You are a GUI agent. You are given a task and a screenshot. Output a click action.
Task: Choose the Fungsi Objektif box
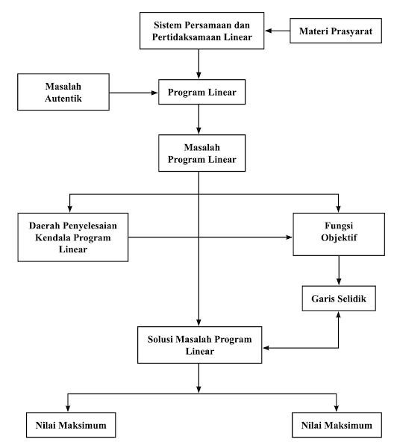340,236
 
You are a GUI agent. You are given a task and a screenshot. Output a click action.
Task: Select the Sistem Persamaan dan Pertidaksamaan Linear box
198,31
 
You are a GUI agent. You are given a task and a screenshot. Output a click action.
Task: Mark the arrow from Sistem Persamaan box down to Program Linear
198,63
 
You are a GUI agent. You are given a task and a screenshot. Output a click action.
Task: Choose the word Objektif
340,242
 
